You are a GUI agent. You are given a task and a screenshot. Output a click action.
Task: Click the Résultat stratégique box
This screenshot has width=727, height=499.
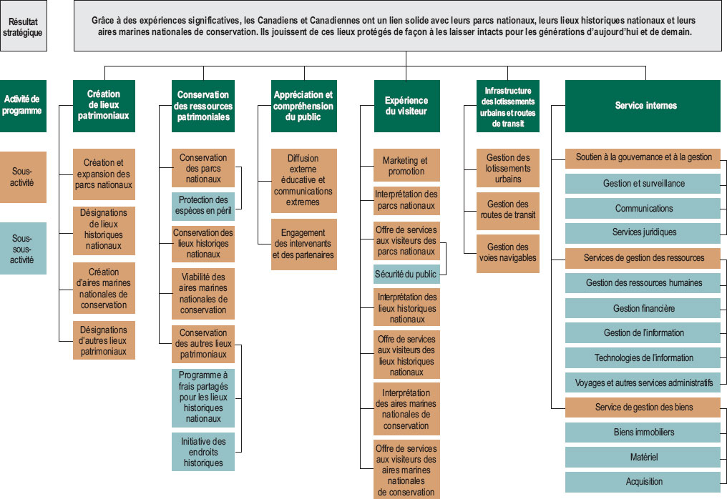coord(24,26)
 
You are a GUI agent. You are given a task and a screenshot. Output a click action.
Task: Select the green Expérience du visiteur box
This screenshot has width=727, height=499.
coord(406,106)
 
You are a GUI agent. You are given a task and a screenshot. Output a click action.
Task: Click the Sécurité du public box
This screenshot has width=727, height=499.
coord(406,274)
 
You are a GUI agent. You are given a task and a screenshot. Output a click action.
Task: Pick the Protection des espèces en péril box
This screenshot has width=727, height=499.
coord(203,204)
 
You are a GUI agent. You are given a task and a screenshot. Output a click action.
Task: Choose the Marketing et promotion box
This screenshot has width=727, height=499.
coord(406,166)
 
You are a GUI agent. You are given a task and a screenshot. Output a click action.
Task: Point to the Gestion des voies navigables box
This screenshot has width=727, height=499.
coord(507,252)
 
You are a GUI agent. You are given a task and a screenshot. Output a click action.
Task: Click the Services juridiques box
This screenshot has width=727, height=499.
coord(643,232)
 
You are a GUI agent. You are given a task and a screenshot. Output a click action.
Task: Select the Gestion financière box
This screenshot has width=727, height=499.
coord(643,308)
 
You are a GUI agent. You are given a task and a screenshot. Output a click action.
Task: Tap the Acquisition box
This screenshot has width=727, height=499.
coord(643,482)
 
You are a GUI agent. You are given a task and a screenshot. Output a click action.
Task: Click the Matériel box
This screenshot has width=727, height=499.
coord(643,457)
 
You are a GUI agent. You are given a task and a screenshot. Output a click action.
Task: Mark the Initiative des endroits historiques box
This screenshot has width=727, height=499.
coord(203,452)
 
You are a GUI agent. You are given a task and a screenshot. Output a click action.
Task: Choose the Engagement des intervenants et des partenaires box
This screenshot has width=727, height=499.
coord(303,244)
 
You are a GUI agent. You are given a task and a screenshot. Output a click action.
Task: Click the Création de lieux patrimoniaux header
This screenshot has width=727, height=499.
coord(104,106)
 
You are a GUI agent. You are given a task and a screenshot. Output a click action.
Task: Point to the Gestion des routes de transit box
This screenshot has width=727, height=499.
coord(507,209)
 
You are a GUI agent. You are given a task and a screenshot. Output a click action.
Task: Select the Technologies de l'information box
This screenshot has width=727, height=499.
coord(643,357)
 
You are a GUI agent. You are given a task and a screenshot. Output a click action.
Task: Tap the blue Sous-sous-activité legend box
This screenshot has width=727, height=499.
coord(23,249)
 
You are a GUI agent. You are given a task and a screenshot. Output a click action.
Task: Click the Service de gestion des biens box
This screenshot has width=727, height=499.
coord(643,407)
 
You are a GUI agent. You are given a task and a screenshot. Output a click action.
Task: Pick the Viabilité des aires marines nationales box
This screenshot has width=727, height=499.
coord(203,294)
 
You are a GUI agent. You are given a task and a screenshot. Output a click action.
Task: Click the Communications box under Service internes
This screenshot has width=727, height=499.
coord(643,209)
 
